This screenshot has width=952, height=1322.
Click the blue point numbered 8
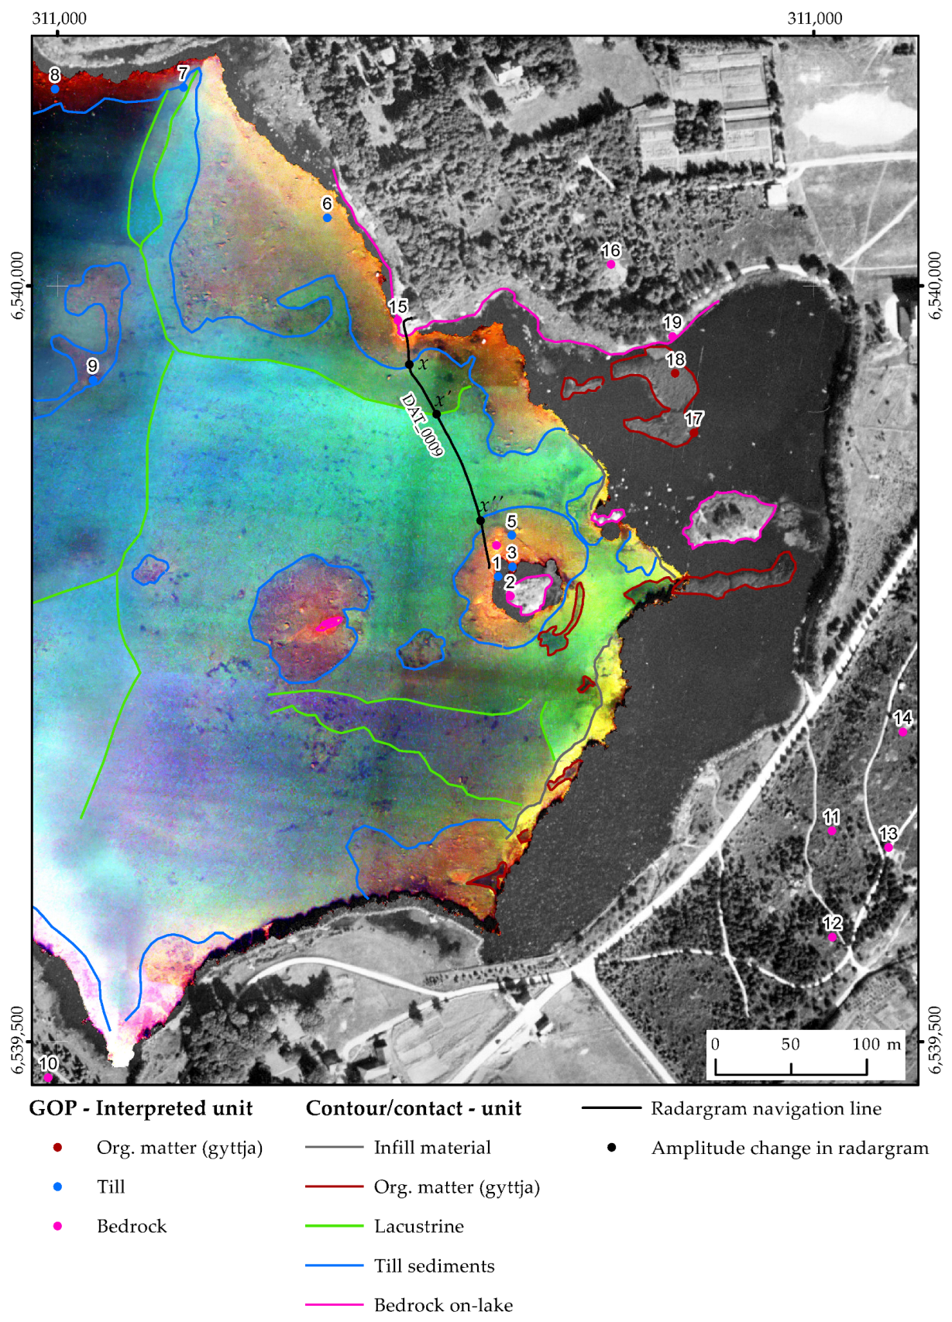tap(55, 89)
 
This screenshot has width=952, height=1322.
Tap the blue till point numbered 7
tap(183, 87)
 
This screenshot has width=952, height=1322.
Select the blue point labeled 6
tap(327, 218)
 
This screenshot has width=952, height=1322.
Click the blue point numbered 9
tap(93, 380)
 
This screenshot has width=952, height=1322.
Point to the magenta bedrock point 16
tap(611, 264)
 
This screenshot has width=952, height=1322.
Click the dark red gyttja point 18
tap(675, 373)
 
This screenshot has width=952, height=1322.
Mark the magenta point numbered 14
tap(902, 732)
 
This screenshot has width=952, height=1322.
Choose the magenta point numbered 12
tap(832, 937)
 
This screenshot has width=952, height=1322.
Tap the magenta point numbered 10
tap(48, 1076)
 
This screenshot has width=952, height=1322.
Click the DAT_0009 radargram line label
tap(421, 424)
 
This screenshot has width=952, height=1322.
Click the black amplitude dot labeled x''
tap(480, 520)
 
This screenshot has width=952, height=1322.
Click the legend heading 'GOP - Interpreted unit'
tap(141, 1108)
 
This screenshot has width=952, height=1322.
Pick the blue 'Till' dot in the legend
tap(57, 1186)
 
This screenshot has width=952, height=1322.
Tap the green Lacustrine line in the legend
tap(334, 1226)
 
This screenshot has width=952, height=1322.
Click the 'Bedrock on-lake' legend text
tap(443, 1305)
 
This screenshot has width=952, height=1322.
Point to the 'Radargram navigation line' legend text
tap(765, 1108)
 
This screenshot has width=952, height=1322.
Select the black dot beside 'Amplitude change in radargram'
tap(611, 1147)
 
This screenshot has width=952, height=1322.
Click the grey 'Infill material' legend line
tap(334, 1147)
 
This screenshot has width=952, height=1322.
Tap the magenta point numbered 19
tap(672, 337)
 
